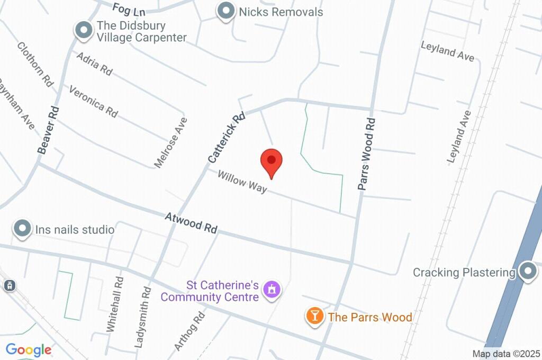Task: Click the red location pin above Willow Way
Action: (x=272, y=161)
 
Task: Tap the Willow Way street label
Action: (x=242, y=182)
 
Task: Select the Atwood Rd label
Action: (x=191, y=223)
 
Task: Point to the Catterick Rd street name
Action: (x=227, y=137)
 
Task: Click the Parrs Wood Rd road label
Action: (x=366, y=154)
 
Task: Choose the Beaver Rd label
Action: (x=48, y=130)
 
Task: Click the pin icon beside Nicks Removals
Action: (x=227, y=11)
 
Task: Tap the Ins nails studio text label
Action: (x=75, y=230)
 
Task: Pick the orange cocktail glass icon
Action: (x=314, y=317)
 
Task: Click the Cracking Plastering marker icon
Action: (x=528, y=272)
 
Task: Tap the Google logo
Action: (x=29, y=350)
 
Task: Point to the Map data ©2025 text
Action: (x=506, y=354)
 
